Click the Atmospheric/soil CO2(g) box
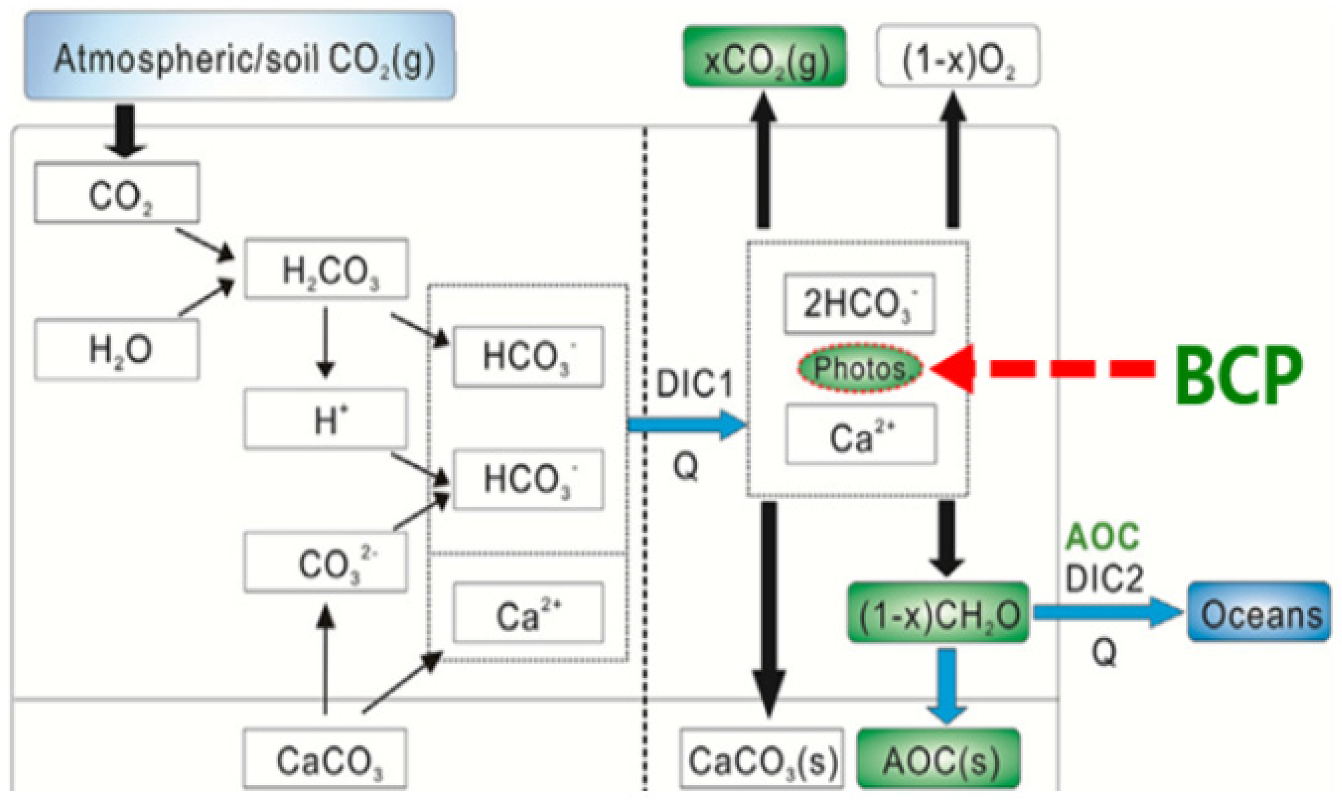[x=240, y=56]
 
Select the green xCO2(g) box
[x=765, y=56]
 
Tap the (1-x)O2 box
[x=957, y=56]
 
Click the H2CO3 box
[x=326, y=269]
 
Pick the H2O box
[x=117, y=349]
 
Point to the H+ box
[x=326, y=419]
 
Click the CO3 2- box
[x=326, y=562]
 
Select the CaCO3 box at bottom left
[x=325, y=759]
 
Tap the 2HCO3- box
[x=860, y=304]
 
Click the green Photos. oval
[x=860, y=369]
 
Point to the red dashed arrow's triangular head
[x=954, y=369]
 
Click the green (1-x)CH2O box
[x=938, y=613]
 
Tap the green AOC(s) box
[x=938, y=759]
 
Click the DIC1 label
[x=694, y=384]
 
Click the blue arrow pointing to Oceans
[x=1106, y=613]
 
